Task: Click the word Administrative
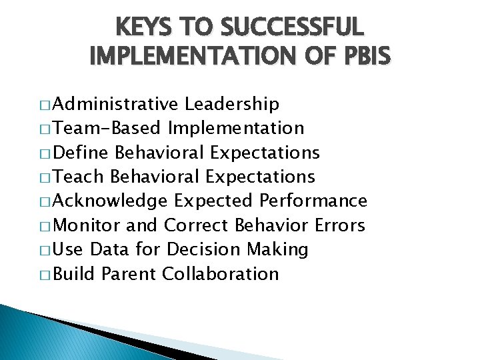click(x=115, y=104)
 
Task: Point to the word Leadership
click(x=232, y=104)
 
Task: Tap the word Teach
click(x=78, y=177)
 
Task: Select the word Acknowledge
click(x=110, y=201)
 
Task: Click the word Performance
click(x=313, y=201)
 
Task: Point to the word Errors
click(x=340, y=225)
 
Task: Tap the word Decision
click(x=203, y=249)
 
